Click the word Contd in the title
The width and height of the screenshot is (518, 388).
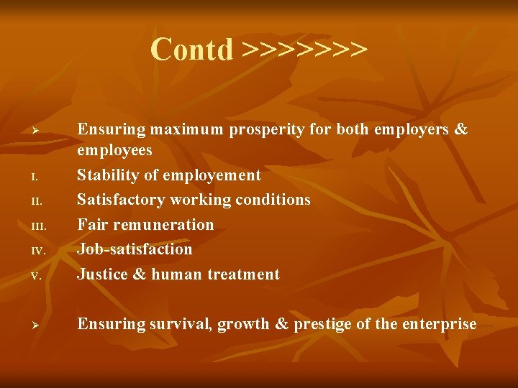pos(192,50)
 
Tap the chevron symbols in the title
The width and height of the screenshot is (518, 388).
pos(304,50)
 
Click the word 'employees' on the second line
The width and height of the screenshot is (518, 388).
pos(114,150)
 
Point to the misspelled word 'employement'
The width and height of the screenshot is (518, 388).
pos(212,175)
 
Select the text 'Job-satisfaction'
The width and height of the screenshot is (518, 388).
pos(135,249)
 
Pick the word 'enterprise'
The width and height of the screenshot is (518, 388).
pos(438,324)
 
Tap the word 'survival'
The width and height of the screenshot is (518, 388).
pos(179,324)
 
